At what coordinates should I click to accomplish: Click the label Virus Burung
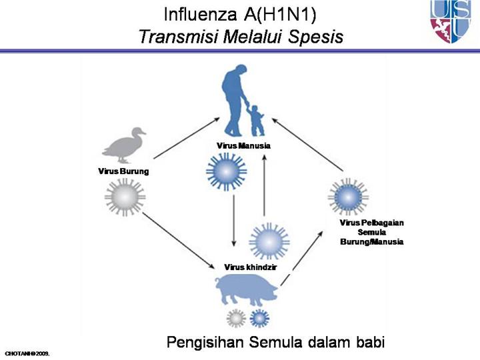click(123, 171)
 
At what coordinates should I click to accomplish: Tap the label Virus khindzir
click(251, 267)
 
